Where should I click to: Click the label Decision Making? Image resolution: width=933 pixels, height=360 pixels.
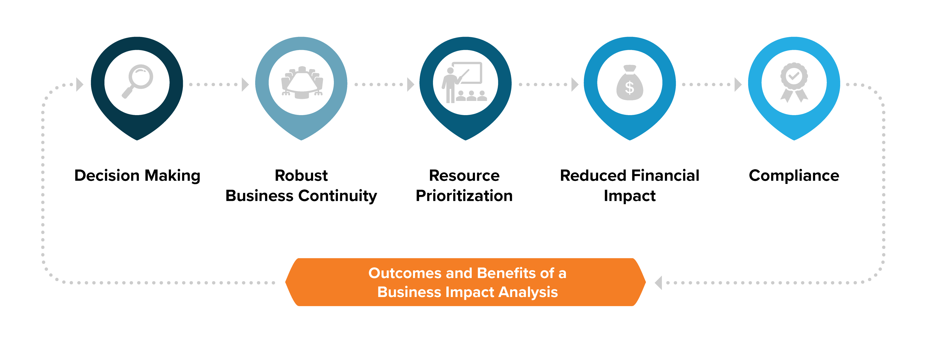pyautogui.click(x=137, y=176)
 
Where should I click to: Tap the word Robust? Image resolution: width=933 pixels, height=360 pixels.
pyautogui.click(x=301, y=176)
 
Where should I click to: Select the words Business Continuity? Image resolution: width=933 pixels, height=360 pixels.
pyautogui.click(x=301, y=196)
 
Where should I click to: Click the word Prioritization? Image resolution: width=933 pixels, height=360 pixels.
pyautogui.click(x=464, y=196)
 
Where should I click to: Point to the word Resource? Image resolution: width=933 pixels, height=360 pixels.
pyautogui.click(x=464, y=176)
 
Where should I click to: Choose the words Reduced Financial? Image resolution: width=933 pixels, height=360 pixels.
pyautogui.click(x=630, y=176)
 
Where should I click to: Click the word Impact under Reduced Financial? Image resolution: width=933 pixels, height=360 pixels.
pyautogui.click(x=630, y=196)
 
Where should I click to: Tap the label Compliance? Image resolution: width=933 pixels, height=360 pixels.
pyautogui.click(x=794, y=176)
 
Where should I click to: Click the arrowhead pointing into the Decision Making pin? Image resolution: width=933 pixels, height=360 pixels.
pyautogui.click(x=80, y=84)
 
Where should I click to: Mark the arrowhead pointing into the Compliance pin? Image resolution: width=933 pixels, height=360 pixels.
pyautogui.click(x=738, y=84)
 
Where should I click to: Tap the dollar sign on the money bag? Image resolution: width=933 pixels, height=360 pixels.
pyautogui.click(x=630, y=88)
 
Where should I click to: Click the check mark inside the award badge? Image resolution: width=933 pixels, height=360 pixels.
pyautogui.click(x=794, y=76)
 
